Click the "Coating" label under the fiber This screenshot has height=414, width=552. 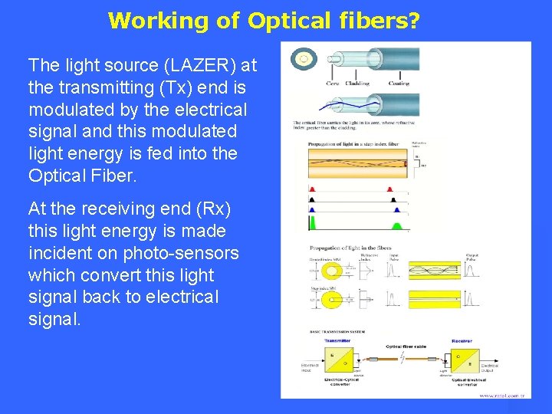pyautogui.click(x=398, y=82)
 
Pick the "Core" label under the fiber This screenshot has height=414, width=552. pyautogui.click(x=333, y=82)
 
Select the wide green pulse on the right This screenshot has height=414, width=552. pyautogui.click(x=397, y=224)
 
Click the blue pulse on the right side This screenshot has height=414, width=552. pyautogui.click(x=393, y=209)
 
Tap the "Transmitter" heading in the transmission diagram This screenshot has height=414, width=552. pyautogui.click(x=337, y=341)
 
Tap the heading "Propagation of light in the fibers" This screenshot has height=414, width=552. pyautogui.click(x=350, y=248)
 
